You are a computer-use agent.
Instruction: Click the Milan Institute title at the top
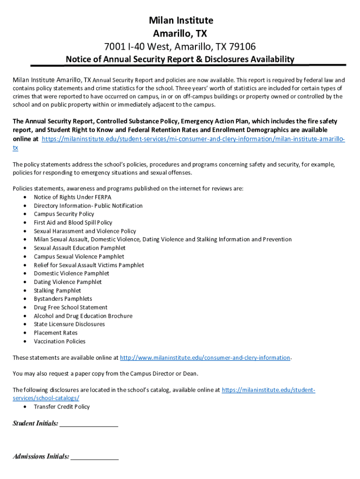[x=180, y=21]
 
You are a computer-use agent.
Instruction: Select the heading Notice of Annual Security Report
[x=180, y=59]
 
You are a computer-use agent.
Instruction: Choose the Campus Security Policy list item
[x=64, y=214]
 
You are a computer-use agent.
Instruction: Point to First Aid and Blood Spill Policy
[x=73, y=222]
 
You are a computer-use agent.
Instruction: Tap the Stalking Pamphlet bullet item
[x=57, y=290]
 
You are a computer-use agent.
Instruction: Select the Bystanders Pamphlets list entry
[x=63, y=299]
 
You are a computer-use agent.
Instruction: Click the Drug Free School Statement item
[x=70, y=307]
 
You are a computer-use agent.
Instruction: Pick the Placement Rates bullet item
[x=56, y=333]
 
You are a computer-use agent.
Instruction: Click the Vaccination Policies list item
[x=59, y=341]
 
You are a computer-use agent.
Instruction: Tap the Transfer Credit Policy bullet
[x=62, y=406]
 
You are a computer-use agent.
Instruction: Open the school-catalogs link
[x=46, y=398]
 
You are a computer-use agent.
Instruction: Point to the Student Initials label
[x=36, y=423]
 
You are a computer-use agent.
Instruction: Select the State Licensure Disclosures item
[x=69, y=324]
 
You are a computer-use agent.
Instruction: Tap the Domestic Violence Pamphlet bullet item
[x=71, y=273]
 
